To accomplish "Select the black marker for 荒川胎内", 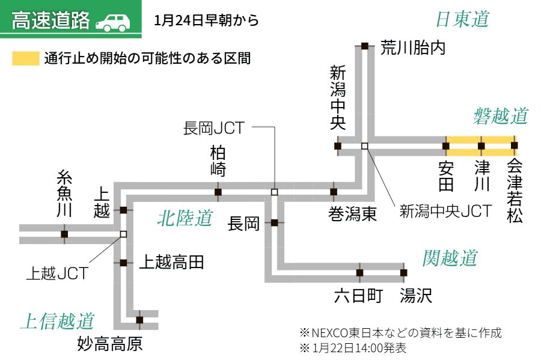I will (x=364, y=46).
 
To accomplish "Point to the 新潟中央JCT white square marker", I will (x=364, y=145).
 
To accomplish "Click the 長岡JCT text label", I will (x=213, y=127).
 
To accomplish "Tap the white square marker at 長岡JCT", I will (x=274, y=192).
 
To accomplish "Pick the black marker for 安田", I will (x=446, y=145).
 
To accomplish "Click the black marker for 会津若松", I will (x=514, y=145).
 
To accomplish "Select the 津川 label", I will (x=480, y=175).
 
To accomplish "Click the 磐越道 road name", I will (x=500, y=115).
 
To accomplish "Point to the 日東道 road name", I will (x=462, y=20).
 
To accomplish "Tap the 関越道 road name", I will (x=449, y=258).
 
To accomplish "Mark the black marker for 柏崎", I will (x=218, y=192).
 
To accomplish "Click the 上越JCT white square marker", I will (x=123, y=234).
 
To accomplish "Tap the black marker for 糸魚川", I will (x=64, y=234).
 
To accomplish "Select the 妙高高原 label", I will (x=111, y=344).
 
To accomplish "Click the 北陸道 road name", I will (x=185, y=218).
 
